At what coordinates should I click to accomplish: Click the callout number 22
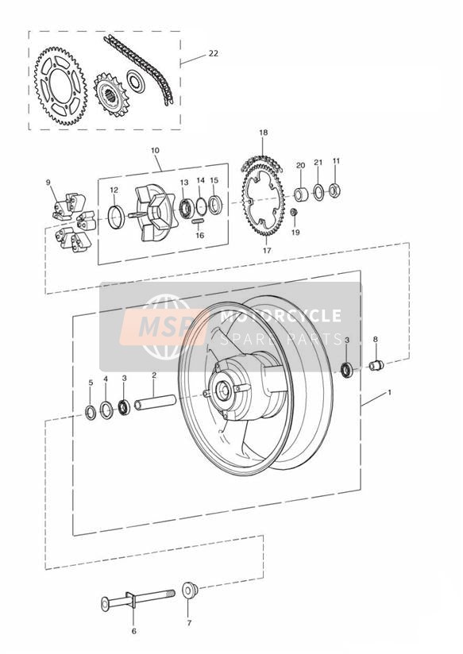pyautogui.click(x=214, y=53)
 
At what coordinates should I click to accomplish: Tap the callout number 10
pyautogui.click(x=155, y=150)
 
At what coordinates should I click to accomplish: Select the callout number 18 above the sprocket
pyautogui.click(x=263, y=133)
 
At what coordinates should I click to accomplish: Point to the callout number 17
pyautogui.click(x=267, y=250)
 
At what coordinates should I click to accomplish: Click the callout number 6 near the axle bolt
pyautogui.click(x=133, y=631)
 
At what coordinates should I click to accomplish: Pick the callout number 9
pyautogui.click(x=48, y=183)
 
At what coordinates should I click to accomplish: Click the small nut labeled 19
pyautogui.click(x=294, y=212)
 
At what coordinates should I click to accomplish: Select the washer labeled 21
pyautogui.click(x=318, y=192)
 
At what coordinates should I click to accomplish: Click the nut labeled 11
pyautogui.click(x=334, y=190)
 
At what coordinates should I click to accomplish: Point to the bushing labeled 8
pyautogui.click(x=376, y=365)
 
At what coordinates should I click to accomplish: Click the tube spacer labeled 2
pyautogui.click(x=155, y=402)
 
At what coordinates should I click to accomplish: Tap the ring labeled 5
pyautogui.click(x=91, y=413)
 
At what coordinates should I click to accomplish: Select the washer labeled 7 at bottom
pyautogui.click(x=190, y=591)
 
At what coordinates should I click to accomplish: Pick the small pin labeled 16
pyautogui.click(x=199, y=221)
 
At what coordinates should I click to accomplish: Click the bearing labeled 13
pyautogui.click(x=186, y=208)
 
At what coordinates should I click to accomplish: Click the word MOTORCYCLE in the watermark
pyautogui.click(x=280, y=316)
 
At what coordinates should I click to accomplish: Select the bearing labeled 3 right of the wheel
pyautogui.click(x=346, y=370)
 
